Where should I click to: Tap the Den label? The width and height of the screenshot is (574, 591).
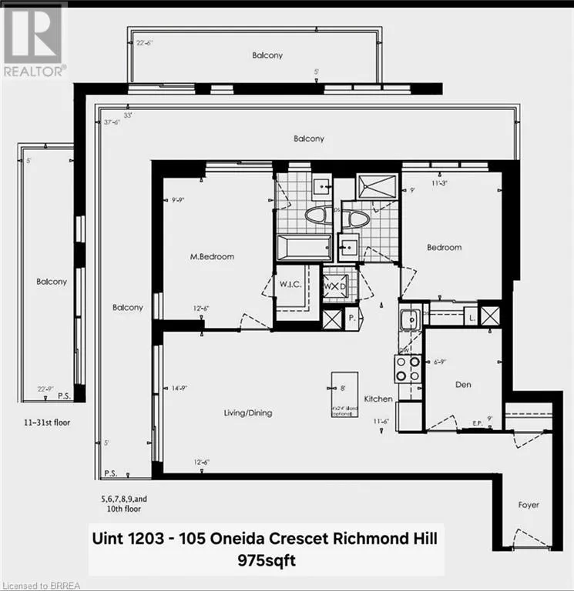click(462, 385)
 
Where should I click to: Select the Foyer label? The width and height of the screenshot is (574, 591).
click(529, 505)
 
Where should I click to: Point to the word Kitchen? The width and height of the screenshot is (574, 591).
click(378, 399)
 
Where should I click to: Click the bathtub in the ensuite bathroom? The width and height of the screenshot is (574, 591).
click(304, 248)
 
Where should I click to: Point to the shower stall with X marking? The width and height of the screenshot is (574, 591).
click(378, 186)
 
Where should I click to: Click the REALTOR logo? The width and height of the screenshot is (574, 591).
click(32, 38)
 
